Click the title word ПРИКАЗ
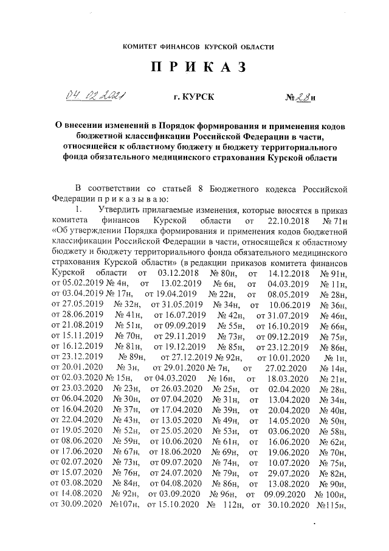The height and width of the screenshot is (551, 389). coord(196,67)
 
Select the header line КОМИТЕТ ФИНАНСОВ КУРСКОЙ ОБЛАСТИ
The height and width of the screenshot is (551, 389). coord(195,46)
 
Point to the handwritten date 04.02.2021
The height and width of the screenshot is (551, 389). coord(95,96)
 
